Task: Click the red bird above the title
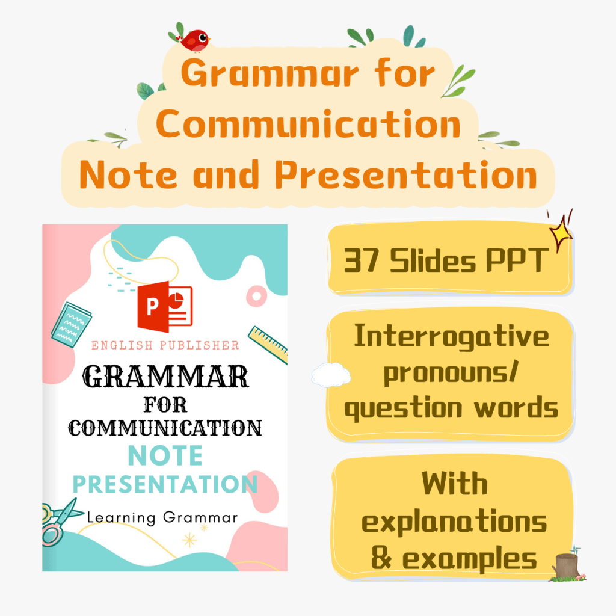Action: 195,40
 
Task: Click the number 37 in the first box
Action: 362,260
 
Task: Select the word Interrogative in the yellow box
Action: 451,337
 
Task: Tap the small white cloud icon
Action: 331,375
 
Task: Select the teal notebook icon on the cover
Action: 71,324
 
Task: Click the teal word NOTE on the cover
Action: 165,456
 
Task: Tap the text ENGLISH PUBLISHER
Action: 165,345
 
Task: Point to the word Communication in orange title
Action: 309,124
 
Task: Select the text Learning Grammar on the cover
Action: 162,518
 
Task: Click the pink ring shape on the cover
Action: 256,296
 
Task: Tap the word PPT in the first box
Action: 517,260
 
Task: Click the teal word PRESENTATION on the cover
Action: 165,484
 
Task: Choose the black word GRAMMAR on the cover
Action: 165,377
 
